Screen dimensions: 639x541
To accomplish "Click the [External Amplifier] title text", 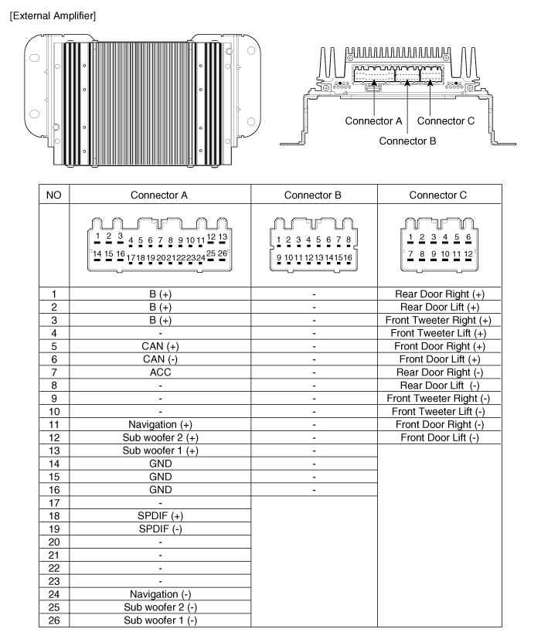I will [53, 15].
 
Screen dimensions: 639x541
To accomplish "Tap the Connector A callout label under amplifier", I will [373, 121].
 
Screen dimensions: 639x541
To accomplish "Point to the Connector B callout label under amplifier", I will [408, 141].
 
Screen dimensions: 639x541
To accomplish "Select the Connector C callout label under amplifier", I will [446, 121].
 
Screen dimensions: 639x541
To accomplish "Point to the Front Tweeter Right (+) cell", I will [437, 321].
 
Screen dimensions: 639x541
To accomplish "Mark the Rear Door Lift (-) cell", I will [437, 386].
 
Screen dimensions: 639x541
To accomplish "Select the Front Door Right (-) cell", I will [437, 424].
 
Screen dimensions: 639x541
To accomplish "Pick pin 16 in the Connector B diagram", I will [348, 257].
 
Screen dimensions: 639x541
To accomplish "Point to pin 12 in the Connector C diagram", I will [468, 253].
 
